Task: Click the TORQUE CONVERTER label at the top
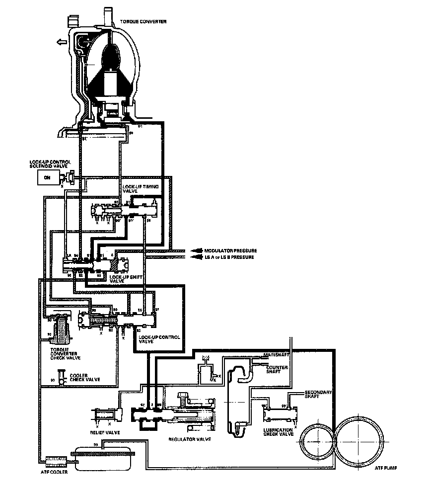click(x=143, y=22)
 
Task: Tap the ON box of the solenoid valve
click(x=48, y=177)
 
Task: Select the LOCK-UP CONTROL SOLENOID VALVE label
click(x=51, y=164)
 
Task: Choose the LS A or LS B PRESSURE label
click(x=229, y=257)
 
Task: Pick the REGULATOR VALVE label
click(x=189, y=439)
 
